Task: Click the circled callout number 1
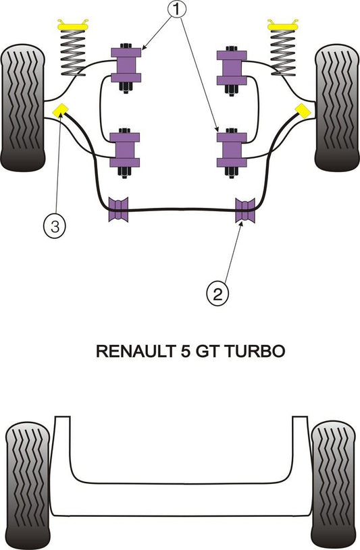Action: (x=177, y=9)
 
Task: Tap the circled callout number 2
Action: (x=217, y=294)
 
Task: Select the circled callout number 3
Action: (x=55, y=226)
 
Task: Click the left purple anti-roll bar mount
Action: (x=118, y=209)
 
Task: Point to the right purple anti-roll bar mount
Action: (x=245, y=210)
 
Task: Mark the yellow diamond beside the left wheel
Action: (x=59, y=111)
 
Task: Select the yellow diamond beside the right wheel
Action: (x=303, y=111)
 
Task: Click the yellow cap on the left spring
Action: (x=73, y=25)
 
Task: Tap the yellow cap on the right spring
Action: (x=283, y=25)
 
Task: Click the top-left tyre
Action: (x=23, y=108)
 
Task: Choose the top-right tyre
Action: (x=337, y=108)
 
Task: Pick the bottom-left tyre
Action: (x=28, y=486)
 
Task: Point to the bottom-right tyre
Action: (x=334, y=485)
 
